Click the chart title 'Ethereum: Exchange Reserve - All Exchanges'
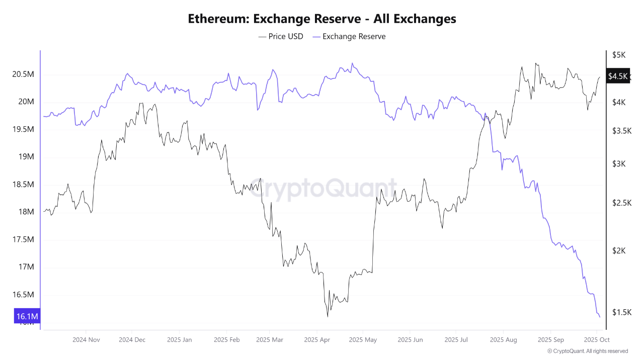coord(322,19)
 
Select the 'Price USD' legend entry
coord(281,36)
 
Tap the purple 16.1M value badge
coord(28,316)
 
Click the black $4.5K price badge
coord(618,76)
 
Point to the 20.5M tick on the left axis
coord(23,74)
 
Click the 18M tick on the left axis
coord(26,212)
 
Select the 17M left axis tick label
coord(26,267)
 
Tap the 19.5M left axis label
coord(23,129)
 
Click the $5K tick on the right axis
coord(618,54)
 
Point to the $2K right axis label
coord(618,251)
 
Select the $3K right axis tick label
coord(618,164)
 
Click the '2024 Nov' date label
coord(86,340)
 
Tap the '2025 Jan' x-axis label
coord(180,340)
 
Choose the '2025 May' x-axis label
coord(363,340)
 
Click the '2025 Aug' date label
coord(504,340)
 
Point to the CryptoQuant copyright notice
coord(587,351)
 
